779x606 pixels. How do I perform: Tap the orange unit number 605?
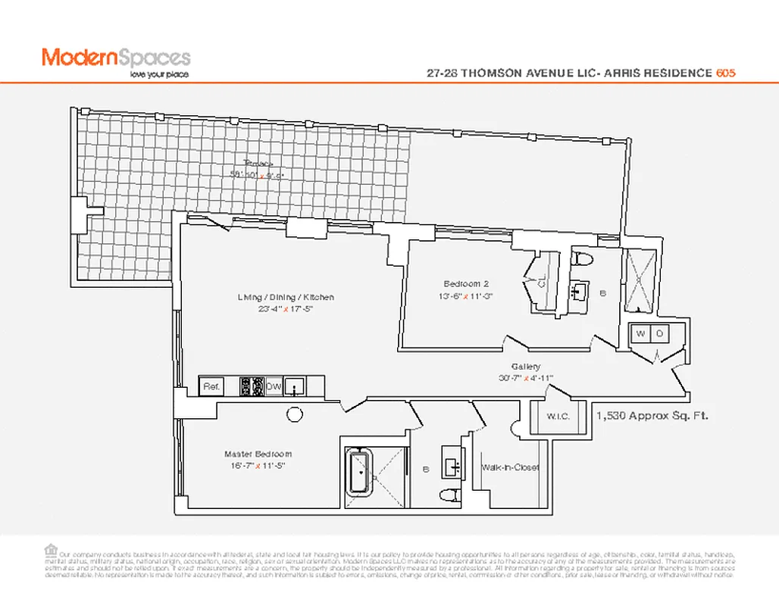[726, 73]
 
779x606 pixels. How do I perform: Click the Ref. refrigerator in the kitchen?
[211, 386]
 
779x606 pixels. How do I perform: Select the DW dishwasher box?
[274, 386]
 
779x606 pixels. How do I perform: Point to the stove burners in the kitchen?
[251, 386]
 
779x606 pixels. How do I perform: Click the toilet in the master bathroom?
[449, 496]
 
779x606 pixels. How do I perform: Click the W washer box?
[640, 333]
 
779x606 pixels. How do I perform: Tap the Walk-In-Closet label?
[510, 467]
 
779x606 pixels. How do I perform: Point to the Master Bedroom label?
[258, 454]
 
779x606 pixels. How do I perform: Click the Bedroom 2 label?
[461, 284]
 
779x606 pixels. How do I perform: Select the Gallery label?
[526, 367]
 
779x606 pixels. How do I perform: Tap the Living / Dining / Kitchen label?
[285, 298]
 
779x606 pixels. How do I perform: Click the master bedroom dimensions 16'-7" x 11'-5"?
[258, 466]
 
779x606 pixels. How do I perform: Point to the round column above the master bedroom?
[293, 414]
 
